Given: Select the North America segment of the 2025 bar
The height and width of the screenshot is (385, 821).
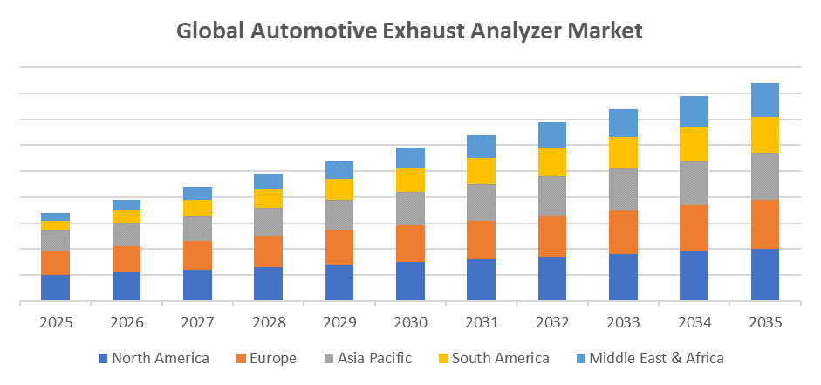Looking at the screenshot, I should point(55,288).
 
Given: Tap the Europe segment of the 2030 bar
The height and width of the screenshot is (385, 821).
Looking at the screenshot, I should point(410,244).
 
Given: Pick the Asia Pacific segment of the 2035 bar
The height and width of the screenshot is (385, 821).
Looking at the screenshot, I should point(765,176).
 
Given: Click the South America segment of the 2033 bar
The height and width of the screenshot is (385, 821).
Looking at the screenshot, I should point(623,153).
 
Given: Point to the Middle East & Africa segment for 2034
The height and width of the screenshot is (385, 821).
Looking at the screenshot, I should point(694,112).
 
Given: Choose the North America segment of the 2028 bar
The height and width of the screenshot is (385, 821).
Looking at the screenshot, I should point(268,284).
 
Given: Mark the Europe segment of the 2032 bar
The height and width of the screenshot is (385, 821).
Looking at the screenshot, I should point(551,236).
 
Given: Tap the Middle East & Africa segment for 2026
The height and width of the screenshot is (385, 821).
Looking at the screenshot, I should point(127,205).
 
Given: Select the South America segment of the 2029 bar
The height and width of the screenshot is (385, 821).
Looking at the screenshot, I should point(339,189).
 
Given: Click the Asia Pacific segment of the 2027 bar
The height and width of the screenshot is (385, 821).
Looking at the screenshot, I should point(197,228).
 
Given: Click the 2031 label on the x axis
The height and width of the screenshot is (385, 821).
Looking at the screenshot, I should point(481,322).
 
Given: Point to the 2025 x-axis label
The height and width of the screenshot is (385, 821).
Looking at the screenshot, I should point(55,322).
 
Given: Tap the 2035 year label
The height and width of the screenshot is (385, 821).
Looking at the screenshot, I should point(765,322).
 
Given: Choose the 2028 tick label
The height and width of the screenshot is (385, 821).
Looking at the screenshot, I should point(268,322).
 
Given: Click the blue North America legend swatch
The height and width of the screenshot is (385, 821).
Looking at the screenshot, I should point(103,358).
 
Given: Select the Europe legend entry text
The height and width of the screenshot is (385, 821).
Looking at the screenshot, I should point(272,358).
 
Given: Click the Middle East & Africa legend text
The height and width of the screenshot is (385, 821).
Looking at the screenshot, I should point(656,358).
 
